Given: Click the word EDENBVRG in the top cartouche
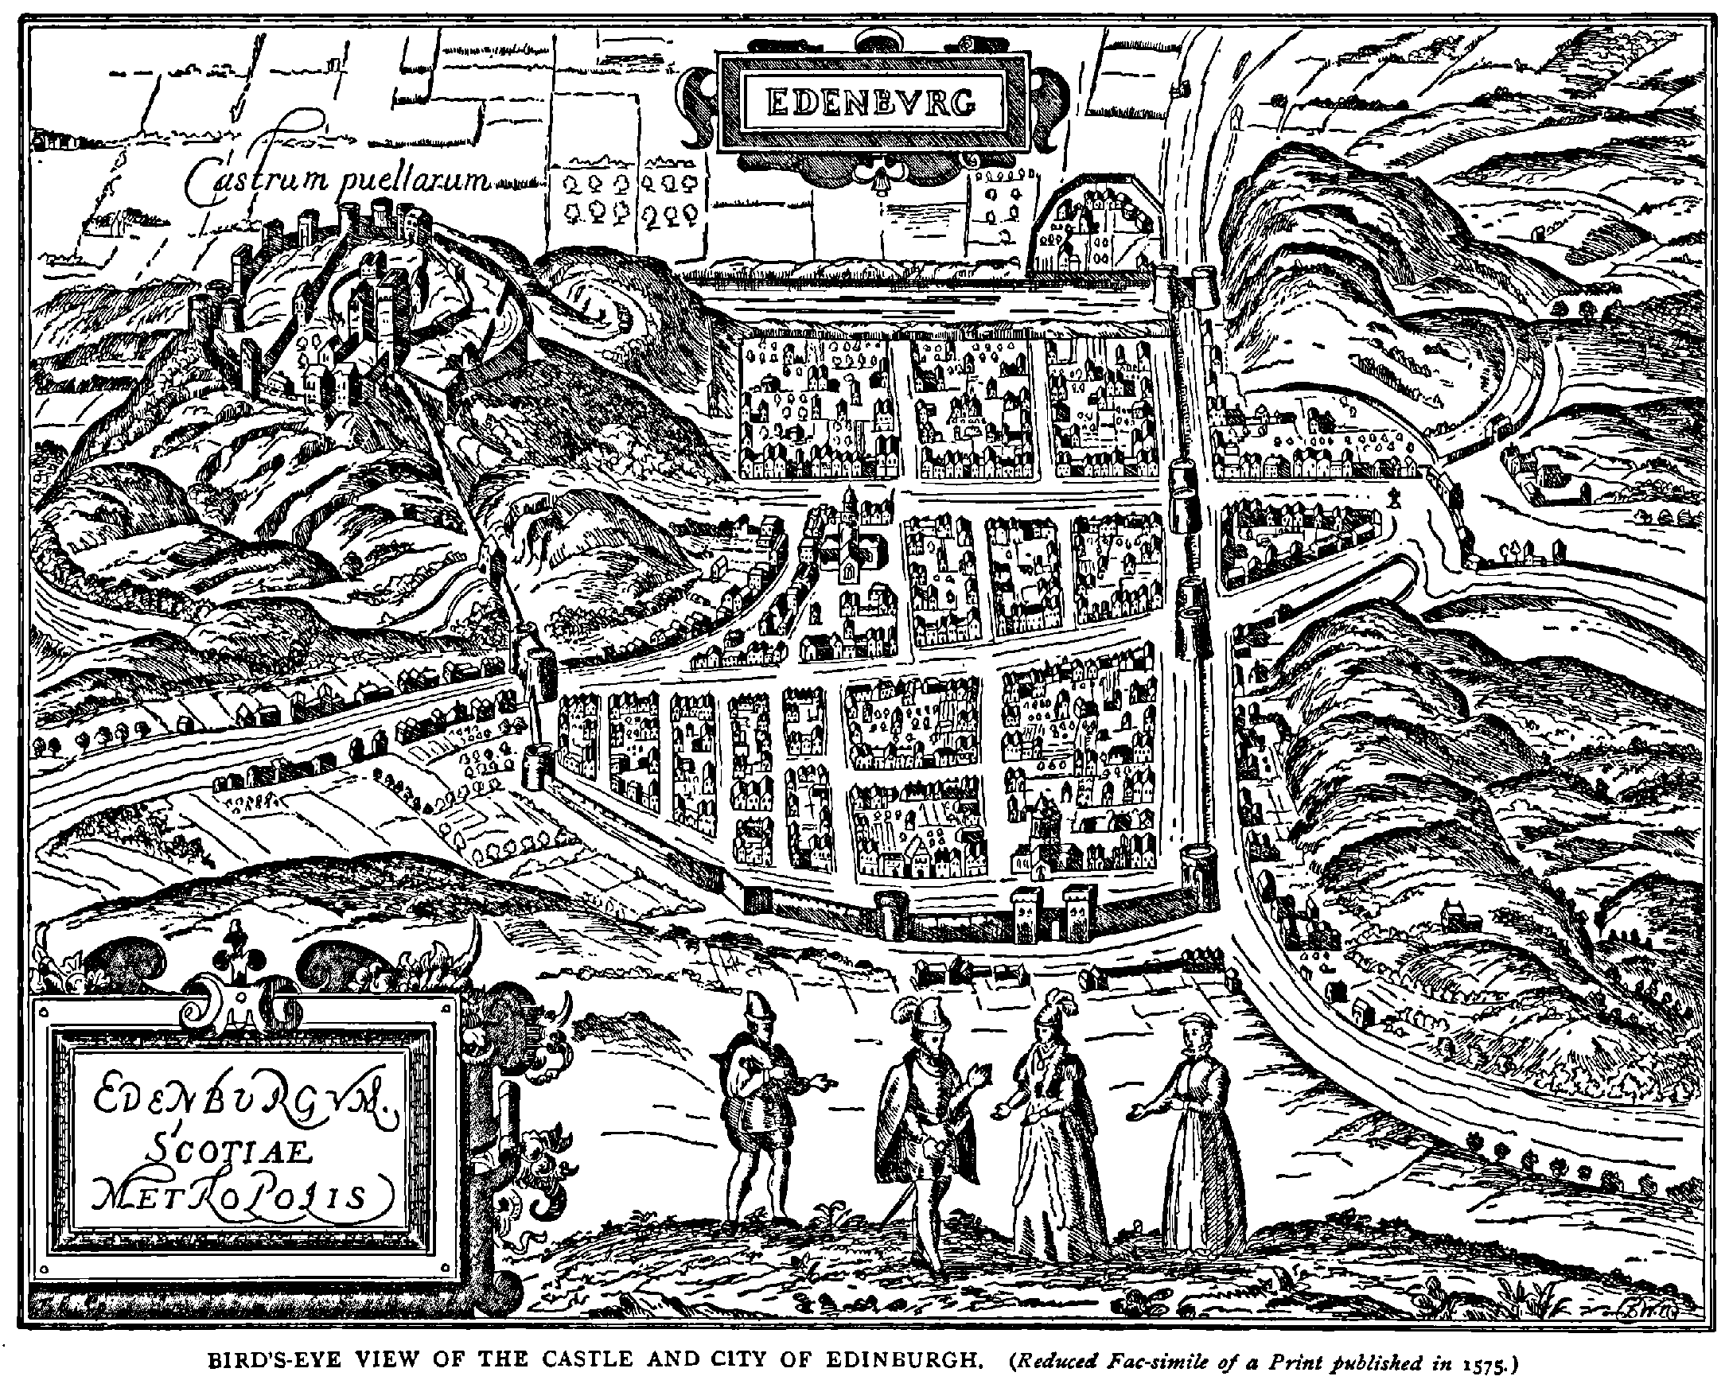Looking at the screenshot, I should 871,101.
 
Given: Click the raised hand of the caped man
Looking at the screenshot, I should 980,1070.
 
